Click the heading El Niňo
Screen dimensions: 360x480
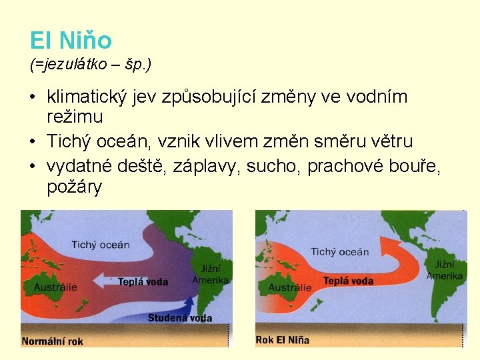(71, 41)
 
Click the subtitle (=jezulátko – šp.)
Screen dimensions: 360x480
(91, 65)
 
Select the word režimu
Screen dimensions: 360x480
(75, 117)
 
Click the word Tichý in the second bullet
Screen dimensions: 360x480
(67, 141)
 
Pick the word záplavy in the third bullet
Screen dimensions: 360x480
(207, 165)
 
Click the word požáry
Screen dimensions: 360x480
(75, 187)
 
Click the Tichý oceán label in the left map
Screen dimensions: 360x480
(101, 245)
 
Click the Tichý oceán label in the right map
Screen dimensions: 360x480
(339, 251)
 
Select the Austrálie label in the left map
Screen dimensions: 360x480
(55, 287)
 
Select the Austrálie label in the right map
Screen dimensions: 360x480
(289, 288)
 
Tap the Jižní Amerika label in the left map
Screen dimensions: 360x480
(210, 274)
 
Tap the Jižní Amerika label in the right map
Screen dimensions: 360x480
(445, 270)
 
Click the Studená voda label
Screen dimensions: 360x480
(179, 317)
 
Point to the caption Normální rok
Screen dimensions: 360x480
(53, 341)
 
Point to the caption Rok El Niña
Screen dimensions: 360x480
(282, 340)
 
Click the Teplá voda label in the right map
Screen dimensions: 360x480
(348, 281)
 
